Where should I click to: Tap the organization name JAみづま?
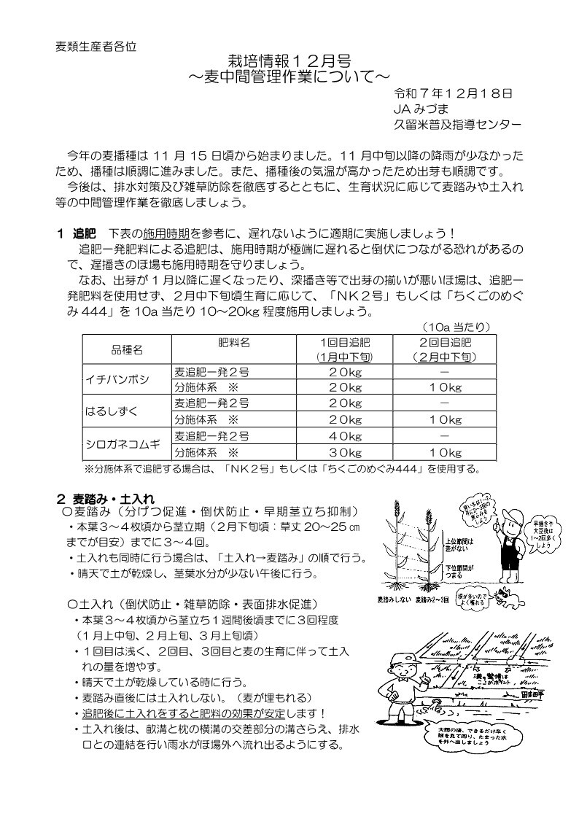pos(417,109)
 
